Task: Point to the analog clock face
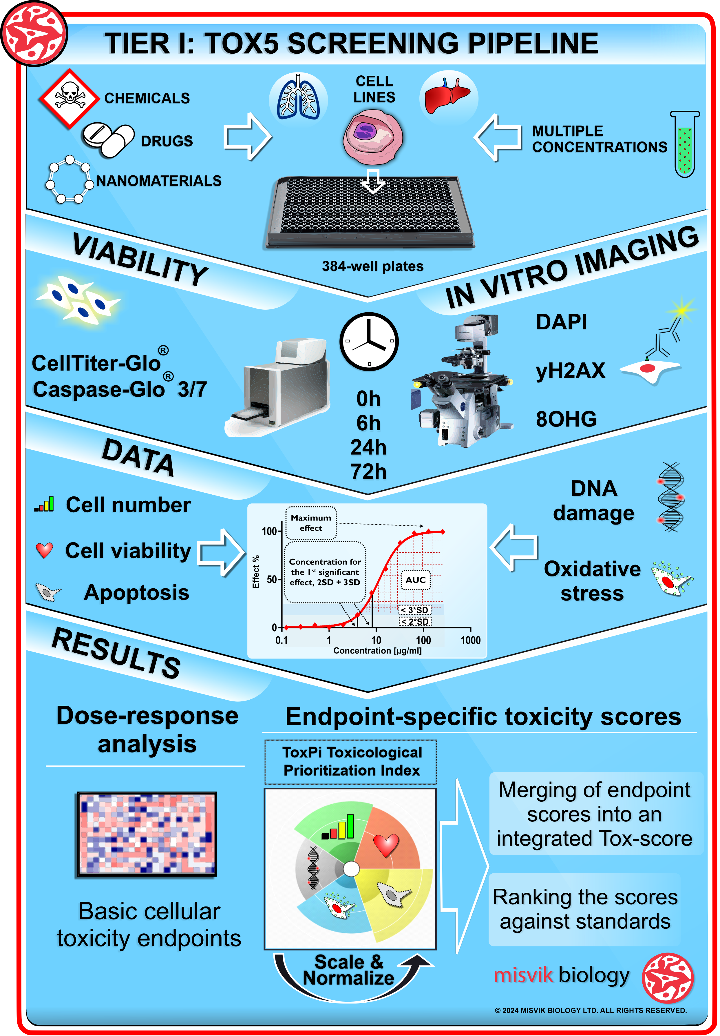[x=369, y=342]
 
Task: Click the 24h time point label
[x=368, y=447]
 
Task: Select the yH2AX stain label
[x=570, y=371]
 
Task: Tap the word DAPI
[x=561, y=322]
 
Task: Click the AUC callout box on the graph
[x=415, y=580]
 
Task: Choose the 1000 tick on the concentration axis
[x=470, y=640]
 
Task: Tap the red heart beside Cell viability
[x=44, y=550]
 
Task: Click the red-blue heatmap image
[x=147, y=834]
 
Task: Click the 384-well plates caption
[x=372, y=266]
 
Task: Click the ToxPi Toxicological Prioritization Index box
[x=350, y=762]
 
